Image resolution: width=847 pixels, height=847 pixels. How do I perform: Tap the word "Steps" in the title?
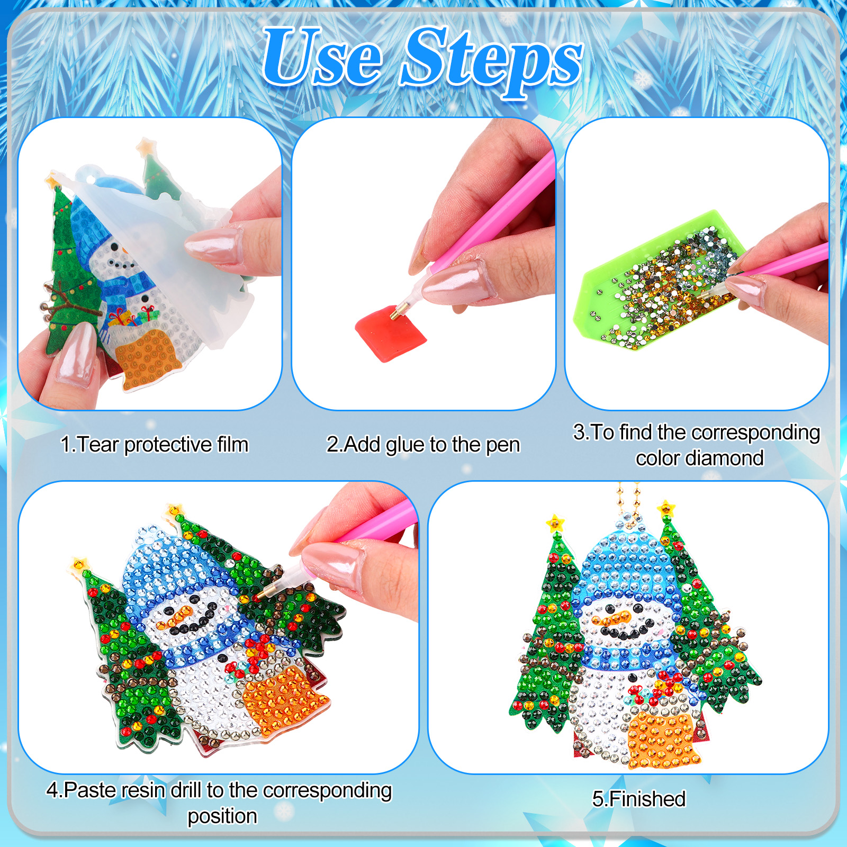point(491,62)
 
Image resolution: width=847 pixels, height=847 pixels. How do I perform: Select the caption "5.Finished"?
point(639,799)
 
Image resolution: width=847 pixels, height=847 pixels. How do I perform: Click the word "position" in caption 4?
point(222,817)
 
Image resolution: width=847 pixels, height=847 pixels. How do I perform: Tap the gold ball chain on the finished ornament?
point(628,503)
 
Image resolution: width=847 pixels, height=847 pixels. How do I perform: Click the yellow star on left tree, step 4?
point(79,563)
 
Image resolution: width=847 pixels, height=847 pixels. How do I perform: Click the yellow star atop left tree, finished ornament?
point(555,523)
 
